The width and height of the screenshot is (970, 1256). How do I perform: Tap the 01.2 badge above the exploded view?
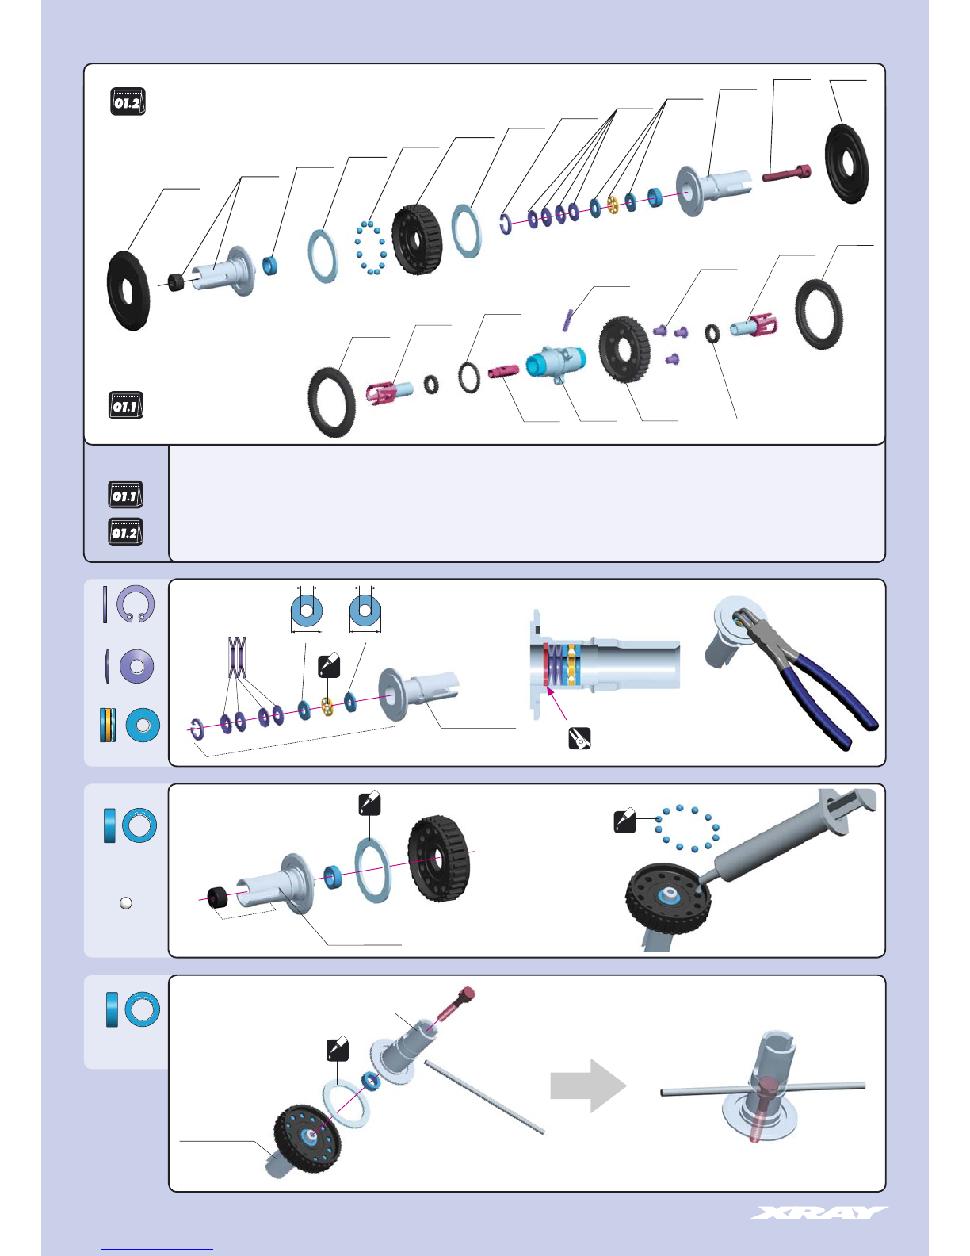click(128, 101)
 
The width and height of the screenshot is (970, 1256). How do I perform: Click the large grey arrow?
click(588, 1086)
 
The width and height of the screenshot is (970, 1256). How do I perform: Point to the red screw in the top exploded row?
click(786, 172)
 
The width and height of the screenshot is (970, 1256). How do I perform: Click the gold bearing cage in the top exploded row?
click(613, 204)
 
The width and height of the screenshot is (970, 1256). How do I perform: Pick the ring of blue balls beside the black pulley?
click(370, 247)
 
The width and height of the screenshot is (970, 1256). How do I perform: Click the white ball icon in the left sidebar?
click(125, 903)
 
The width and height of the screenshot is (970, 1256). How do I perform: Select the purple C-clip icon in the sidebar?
click(136, 604)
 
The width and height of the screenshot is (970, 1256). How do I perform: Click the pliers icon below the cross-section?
click(579, 739)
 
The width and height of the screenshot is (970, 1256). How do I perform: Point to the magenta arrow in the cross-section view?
click(557, 703)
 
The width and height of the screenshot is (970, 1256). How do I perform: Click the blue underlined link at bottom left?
click(157, 1250)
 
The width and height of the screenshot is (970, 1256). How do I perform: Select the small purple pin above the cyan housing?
click(567, 320)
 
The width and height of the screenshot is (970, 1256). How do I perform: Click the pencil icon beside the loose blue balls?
click(624, 822)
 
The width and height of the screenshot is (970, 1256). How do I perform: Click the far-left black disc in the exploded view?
click(128, 291)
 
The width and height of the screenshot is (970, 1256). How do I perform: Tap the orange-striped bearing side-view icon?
click(108, 725)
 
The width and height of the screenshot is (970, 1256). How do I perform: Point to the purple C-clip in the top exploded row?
click(505, 224)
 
